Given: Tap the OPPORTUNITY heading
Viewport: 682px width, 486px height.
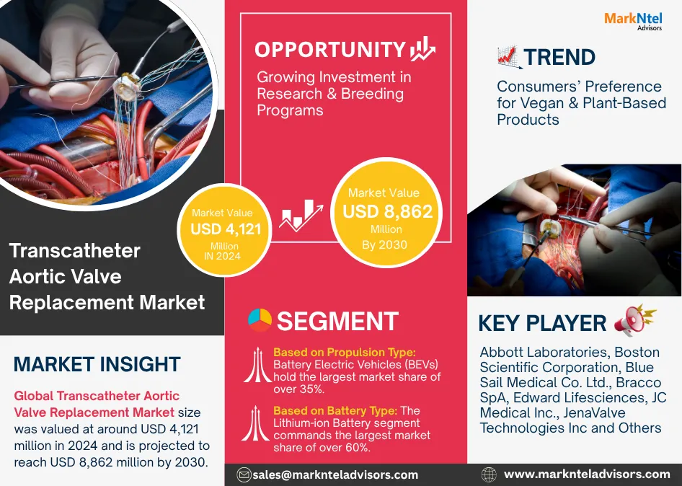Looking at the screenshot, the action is pos(330,50).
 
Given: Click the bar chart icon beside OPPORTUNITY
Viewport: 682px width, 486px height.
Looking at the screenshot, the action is pos(422,49).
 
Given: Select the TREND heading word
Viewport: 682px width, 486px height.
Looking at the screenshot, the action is pos(559,57).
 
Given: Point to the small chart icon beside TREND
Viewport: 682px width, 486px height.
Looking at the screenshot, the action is pos(509,58).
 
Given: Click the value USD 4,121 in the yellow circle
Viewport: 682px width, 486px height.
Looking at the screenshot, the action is pos(226,229).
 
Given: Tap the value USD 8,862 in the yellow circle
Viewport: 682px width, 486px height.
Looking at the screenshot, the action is pos(388,211).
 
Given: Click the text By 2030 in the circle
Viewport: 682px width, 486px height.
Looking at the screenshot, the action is pos(384,245).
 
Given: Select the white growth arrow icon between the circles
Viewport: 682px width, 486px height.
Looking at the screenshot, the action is pos(301,215).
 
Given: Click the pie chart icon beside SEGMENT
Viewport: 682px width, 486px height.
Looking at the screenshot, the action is pos(260,320).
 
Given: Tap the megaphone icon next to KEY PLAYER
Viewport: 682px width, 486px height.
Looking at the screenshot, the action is pos(634,320).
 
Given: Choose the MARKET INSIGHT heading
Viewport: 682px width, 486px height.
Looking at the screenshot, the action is pos(97,365).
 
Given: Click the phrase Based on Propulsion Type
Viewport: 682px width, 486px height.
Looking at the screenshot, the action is pos(345,352).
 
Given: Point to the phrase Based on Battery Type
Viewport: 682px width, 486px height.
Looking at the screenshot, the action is pos(335,411).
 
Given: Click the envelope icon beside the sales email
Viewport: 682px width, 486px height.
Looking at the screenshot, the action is pos(244,474).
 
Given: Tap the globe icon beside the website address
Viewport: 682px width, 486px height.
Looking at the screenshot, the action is pos(489,474).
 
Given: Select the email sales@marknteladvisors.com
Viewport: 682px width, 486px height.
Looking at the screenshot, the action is pos(335,474).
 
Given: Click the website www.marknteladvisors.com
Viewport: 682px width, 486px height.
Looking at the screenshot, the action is pos(587,474).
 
